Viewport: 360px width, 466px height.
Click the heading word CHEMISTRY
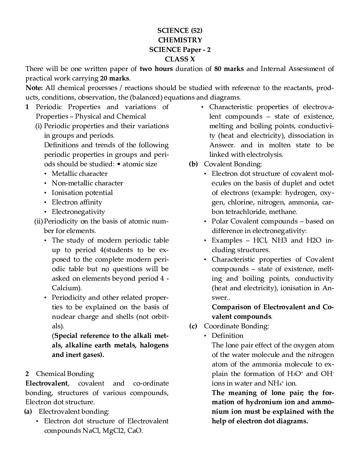180,40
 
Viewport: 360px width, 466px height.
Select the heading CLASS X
180,59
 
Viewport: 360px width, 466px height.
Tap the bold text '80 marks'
229,69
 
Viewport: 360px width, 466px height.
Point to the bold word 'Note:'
34,88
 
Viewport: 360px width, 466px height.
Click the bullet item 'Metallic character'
79,174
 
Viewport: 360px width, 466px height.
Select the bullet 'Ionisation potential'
82,193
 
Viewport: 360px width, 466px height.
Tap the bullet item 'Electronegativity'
78,212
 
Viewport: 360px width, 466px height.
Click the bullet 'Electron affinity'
77,202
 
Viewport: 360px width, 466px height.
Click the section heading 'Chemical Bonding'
65,374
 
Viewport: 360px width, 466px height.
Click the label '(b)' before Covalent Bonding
193,164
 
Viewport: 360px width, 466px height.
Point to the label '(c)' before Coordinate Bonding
193,326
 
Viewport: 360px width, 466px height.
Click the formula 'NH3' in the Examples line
279,240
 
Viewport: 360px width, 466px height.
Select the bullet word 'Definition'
228,336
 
